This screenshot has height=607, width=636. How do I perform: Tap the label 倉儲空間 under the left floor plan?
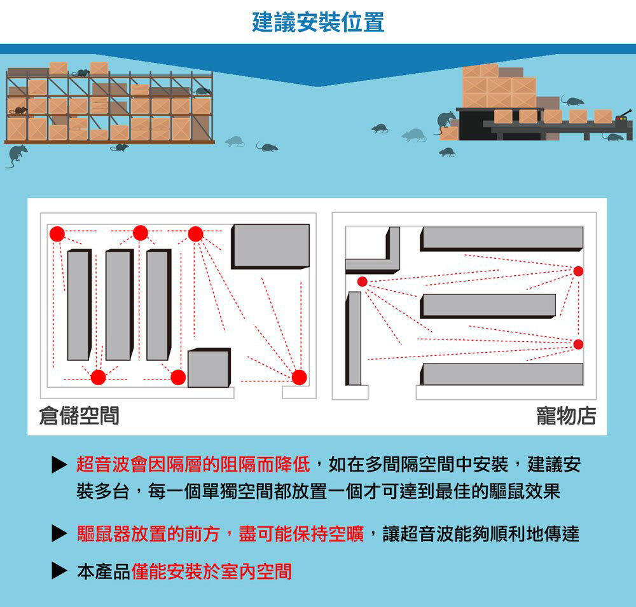(78, 416)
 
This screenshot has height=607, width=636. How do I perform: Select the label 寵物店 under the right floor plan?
(566, 416)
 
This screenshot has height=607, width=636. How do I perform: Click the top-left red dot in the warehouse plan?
(57, 233)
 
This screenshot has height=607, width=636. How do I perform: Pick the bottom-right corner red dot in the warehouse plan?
(299, 377)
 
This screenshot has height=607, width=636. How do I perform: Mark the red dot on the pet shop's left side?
(362, 282)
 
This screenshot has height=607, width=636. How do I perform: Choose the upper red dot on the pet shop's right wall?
(578, 271)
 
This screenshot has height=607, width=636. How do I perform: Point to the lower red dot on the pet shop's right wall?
(578, 344)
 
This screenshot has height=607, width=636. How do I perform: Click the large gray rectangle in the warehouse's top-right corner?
(270, 246)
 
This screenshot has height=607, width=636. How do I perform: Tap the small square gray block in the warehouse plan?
(209, 368)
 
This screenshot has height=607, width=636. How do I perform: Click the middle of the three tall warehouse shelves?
(119, 306)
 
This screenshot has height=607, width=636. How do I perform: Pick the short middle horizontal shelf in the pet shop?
(488, 306)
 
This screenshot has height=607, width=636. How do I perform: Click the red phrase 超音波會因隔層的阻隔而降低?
(193, 465)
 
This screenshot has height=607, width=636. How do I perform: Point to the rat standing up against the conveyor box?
(445, 121)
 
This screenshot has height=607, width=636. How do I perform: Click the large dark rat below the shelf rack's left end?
(17, 154)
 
